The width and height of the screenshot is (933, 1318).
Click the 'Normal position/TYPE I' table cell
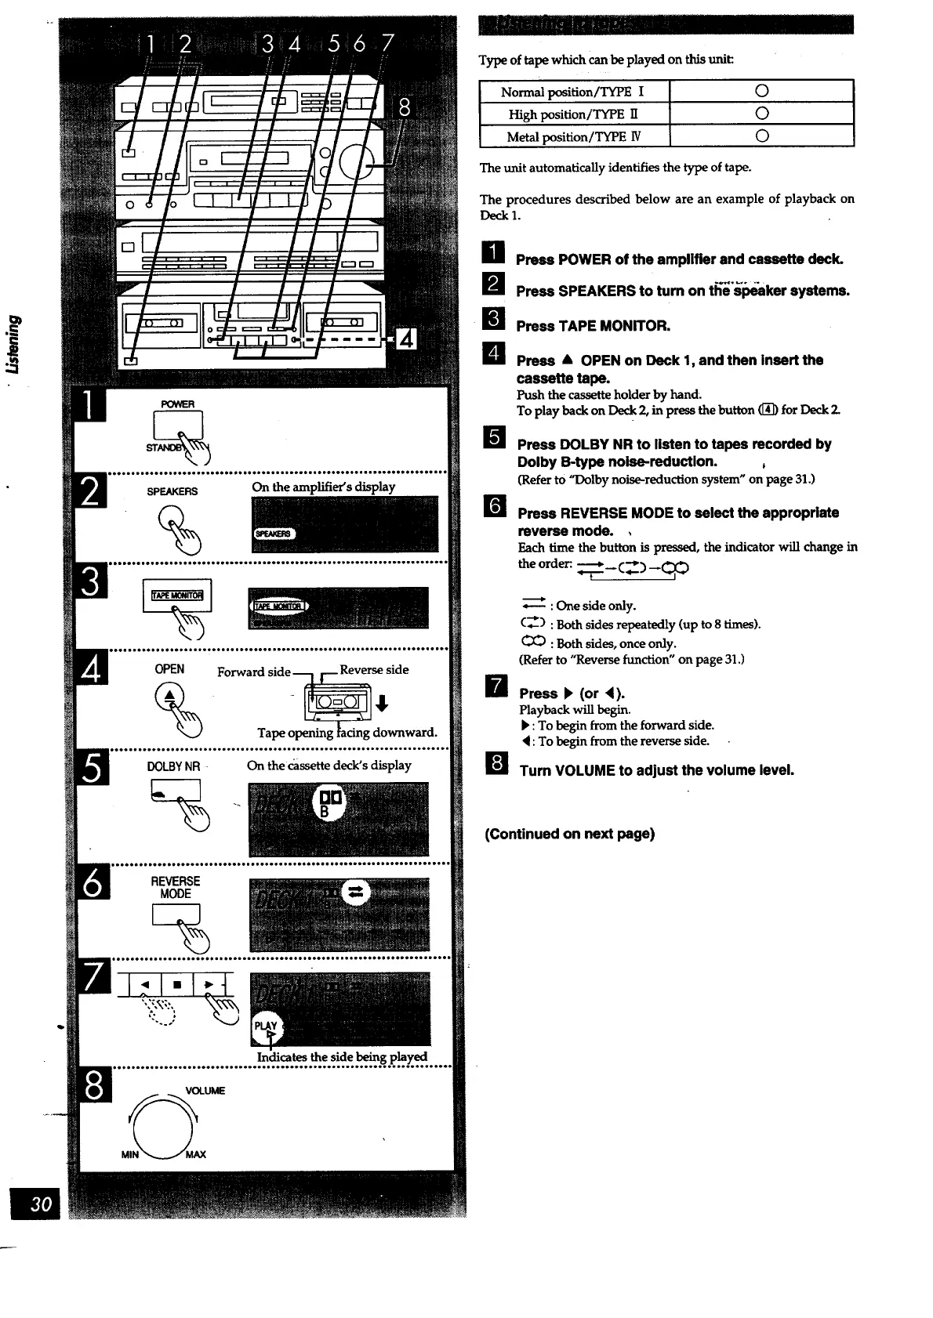(573, 92)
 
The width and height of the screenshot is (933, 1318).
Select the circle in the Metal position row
(761, 136)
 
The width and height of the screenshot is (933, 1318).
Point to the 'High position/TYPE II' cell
(573, 114)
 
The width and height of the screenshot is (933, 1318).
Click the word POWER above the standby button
(177, 404)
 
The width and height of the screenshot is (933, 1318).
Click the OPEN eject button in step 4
(169, 697)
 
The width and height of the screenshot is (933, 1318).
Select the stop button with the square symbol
(177, 983)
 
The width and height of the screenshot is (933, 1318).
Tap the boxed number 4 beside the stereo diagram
(407, 340)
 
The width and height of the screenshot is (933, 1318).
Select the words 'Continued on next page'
(569, 834)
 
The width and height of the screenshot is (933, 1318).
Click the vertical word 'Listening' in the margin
(13, 344)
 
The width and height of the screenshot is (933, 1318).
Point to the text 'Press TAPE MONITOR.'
(593, 326)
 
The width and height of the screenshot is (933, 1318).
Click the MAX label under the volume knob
(195, 1154)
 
